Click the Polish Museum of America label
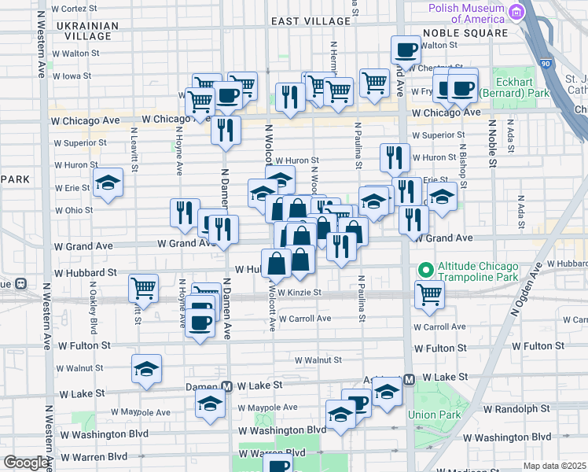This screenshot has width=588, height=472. click(x=467, y=13)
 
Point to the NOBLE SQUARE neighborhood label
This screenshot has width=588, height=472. click(x=465, y=33)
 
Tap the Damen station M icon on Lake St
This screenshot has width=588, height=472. click(x=226, y=386)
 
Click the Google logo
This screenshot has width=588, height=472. click(x=26, y=463)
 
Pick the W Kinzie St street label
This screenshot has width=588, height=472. click(x=300, y=293)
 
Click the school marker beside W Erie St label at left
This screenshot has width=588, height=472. click(x=108, y=184)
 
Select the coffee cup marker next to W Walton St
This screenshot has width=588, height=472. click(x=406, y=50)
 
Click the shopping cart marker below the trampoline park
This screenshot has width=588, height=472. click(x=430, y=295)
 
